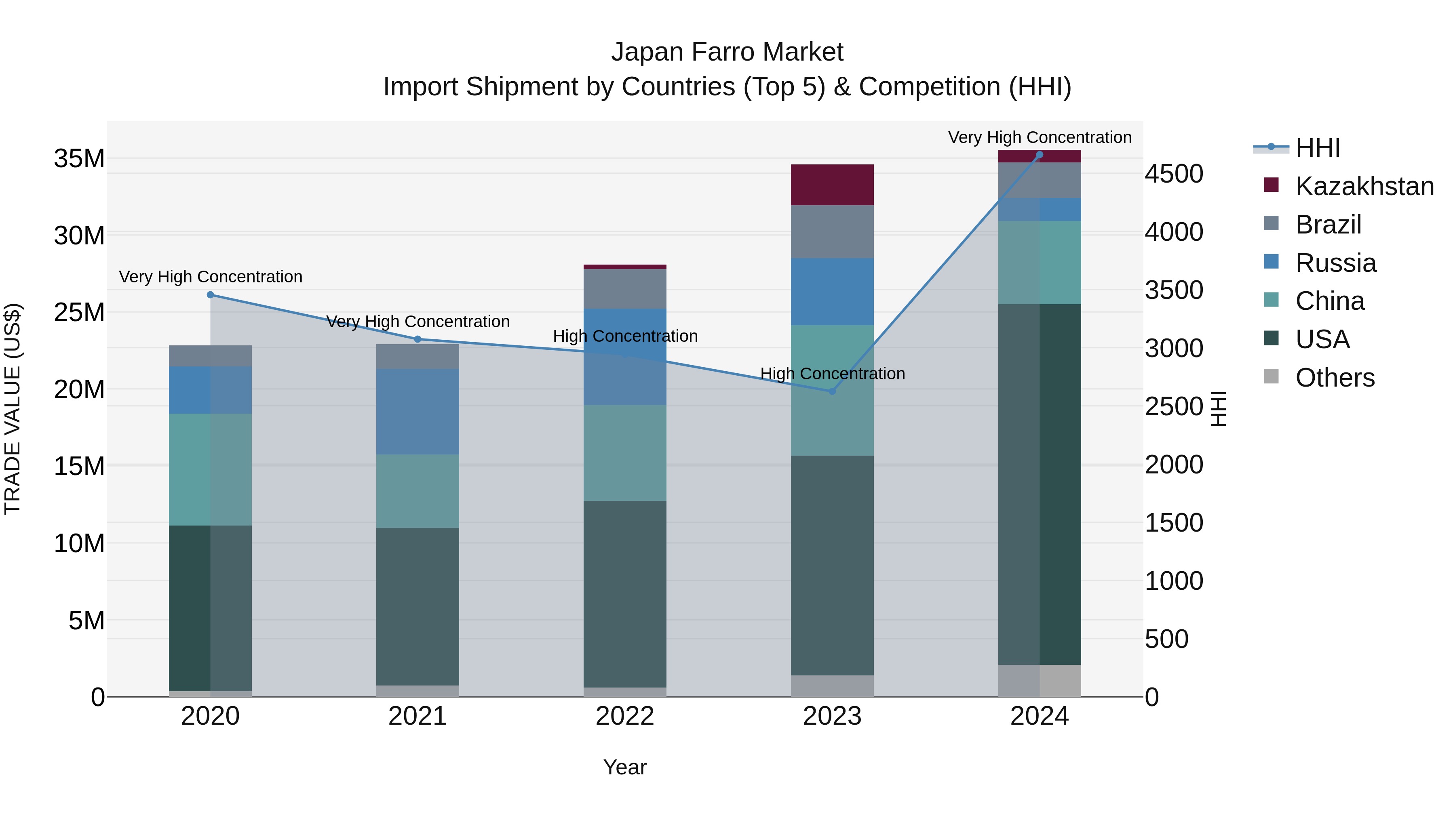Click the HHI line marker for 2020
[x=210, y=295]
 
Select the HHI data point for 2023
[x=832, y=391]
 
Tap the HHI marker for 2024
[x=1039, y=155]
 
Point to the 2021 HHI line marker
[x=418, y=339]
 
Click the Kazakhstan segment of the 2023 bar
[x=832, y=185]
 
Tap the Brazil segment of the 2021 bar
[x=418, y=356]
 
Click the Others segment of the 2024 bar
[x=1039, y=680]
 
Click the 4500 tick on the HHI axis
[x=1174, y=174]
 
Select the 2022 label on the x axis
[x=625, y=716]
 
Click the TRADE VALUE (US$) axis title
[x=13, y=409]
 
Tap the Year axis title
[x=625, y=767]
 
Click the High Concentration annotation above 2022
[x=625, y=336]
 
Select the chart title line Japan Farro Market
[x=727, y=52]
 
